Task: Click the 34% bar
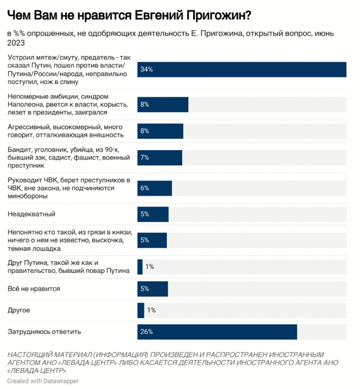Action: (x=242, y=69)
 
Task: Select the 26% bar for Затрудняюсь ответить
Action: (x=217, y=332)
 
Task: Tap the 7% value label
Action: (x=145, y=157)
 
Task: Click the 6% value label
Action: (x=145, y=188)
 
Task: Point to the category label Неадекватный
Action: (x=31, y=214)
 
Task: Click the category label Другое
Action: (x=18, y=310)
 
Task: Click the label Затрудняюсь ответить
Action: (x=44, y=332)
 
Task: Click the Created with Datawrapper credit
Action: (x=43, y=381)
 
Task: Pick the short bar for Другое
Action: (x=140, y=310)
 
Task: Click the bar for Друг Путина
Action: (x=140, y=266)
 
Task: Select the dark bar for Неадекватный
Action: (x=153, y=214)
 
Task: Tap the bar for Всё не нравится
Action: (x=152, y=288)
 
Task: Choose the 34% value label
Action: (x=147, y=69)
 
